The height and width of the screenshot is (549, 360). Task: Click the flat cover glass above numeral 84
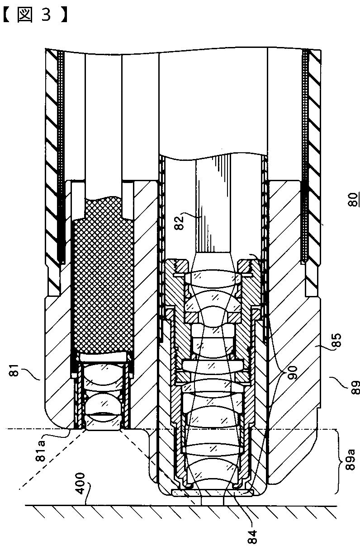[213, 491]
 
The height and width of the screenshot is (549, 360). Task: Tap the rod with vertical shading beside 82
[213, 208]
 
